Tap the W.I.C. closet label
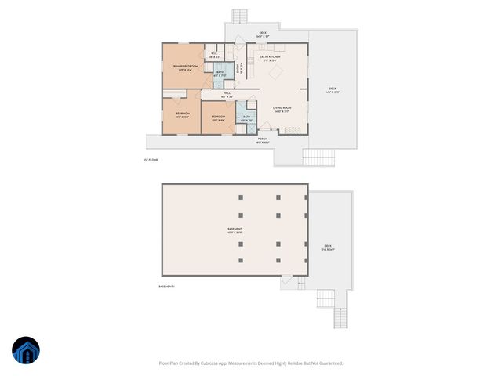tap(213, 56)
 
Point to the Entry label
tap(240, 69)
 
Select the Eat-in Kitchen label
tap(269, 58)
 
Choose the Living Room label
tap(282, 109)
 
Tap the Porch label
tap(262, 140)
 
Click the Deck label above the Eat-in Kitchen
tap(263, 34)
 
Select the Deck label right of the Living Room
tap(333, 89)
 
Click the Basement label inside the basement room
tap(235, 230)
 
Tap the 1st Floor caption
tap(151, 160)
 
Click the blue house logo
tap(26, 352)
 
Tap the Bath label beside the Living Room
tap(246, 118)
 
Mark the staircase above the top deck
tap(239, 16)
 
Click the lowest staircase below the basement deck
tap(340, 317)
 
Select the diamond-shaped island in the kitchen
tap(277, 72)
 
